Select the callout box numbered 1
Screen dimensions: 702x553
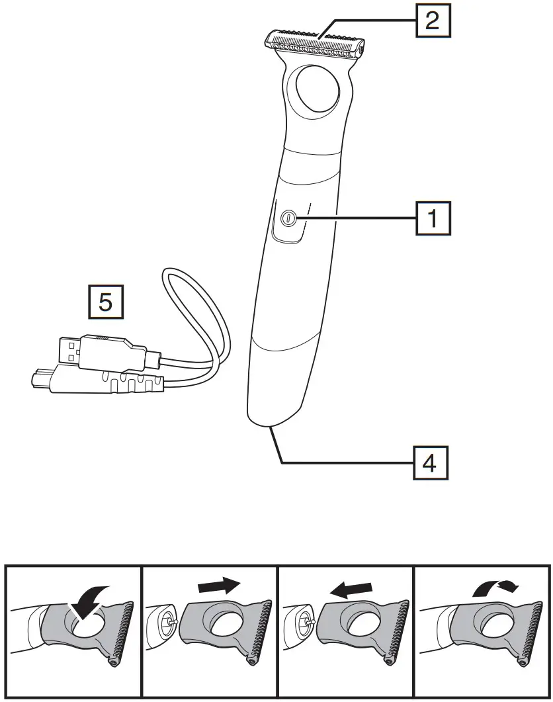tap(433, 218)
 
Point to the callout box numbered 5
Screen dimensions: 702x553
tap(105, 302)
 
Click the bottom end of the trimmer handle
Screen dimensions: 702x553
tap(267, 421)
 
